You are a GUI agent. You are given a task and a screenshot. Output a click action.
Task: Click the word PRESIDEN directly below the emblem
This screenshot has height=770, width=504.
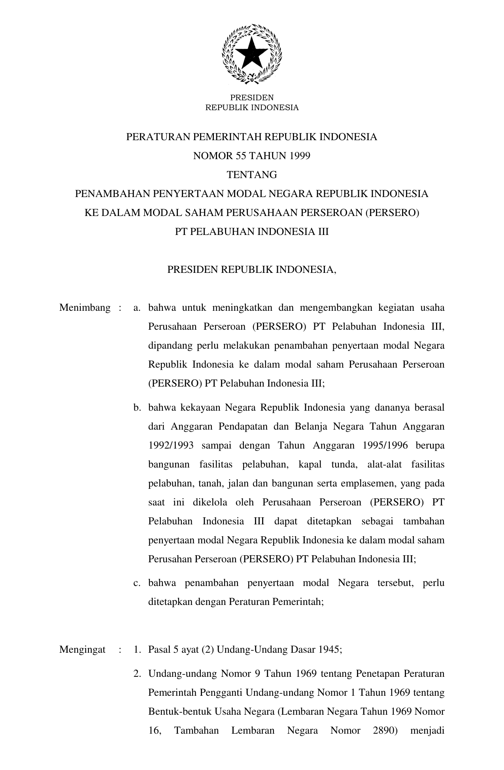point(252,98)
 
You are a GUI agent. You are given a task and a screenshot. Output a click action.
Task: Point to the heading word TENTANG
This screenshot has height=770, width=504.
point(252,175)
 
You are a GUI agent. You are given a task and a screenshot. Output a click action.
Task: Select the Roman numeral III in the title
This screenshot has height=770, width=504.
point(323,231)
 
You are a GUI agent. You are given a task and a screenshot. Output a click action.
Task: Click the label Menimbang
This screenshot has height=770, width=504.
point(85,308)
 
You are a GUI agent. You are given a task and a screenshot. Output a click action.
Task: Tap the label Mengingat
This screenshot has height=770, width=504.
point(82,650)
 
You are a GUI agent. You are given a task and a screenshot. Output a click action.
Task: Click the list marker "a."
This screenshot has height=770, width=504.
point(137,308)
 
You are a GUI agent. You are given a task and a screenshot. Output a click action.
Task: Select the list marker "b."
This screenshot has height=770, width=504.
point(137,408)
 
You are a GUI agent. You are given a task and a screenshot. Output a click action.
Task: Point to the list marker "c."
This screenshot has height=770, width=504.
point(137,583)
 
